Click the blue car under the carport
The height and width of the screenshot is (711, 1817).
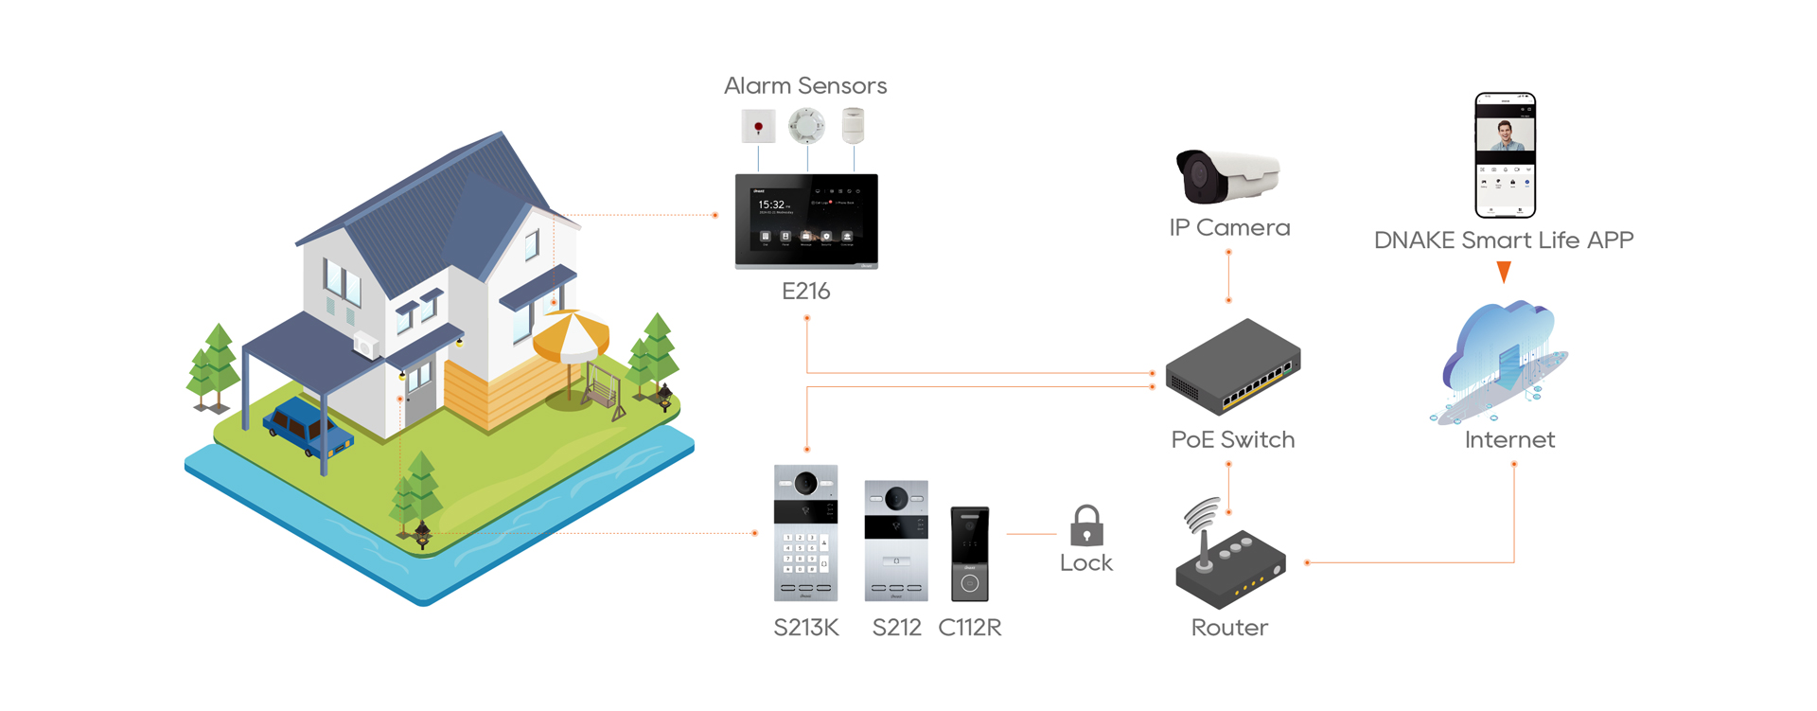(x=307, y=428)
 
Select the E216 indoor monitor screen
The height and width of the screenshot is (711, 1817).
(x=806, y=220)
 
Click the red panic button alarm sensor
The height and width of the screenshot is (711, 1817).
(x=758, y=126)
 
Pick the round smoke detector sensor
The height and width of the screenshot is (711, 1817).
(x=806, y=125)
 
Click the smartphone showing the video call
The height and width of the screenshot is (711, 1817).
(x=1505, y=154)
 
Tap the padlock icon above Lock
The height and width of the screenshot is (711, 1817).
(x=1086, y=525)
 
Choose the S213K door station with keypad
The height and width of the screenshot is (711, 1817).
(x=805, y=533)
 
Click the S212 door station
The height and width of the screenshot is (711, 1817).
(x=896, y=540)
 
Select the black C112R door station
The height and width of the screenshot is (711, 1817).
(x=969, y=554)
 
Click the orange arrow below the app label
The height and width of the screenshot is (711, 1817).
(x=1504, y=273)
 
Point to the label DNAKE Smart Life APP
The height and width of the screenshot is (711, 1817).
(x=1504, y=240)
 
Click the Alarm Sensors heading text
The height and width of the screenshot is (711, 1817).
(x=805, y=86)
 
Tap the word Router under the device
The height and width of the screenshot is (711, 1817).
(x=1229, y=628)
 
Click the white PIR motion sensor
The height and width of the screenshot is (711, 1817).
(x=854, y=125)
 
